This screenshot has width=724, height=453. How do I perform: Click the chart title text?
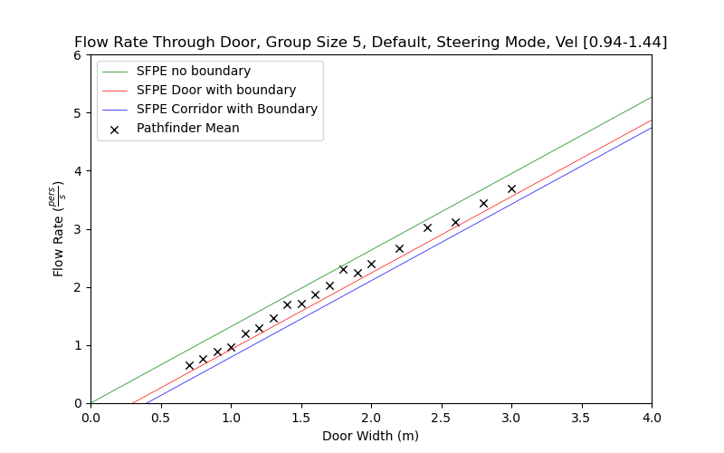point(370,43)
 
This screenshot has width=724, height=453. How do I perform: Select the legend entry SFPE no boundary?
point(194,71)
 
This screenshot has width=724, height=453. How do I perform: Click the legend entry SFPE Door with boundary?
point(216,90)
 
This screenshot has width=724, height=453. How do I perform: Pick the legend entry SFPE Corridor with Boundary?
point(227,109)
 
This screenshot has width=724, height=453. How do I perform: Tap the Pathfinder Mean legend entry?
point(188,128)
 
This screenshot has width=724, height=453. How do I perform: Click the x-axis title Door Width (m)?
point(370,436)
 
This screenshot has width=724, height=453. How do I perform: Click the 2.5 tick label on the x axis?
point(441,417)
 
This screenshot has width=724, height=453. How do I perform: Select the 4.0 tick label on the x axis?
point(652,417)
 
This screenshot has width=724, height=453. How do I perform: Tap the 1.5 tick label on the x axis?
point(300,417)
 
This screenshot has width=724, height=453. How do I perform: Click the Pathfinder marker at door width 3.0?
point(511,188)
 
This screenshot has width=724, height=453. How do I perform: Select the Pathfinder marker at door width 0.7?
point(189,365)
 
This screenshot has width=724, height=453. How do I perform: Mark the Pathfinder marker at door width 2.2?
point(399,248)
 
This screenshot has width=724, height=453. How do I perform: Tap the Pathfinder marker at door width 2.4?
point(427,227)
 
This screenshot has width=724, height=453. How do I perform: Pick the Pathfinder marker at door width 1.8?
point(343,269)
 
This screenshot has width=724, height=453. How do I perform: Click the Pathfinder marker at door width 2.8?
point(483,203)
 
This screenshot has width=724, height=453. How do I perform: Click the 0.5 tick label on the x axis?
point(160,417)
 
